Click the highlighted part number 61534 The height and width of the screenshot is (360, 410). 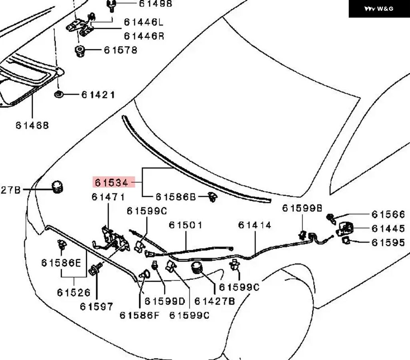pos(112,182)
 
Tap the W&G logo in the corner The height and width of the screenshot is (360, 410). pos(379,9)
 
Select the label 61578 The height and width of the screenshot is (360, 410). pos(121,50)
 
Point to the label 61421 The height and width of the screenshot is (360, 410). pos(98,95)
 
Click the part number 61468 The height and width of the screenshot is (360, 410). pos(32,125)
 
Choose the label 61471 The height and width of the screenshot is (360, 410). pos(108,197)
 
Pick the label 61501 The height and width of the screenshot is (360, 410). pos(185,225)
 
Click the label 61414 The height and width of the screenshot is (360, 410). pos(255,225)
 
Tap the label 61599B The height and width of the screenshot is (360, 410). pos(302,208)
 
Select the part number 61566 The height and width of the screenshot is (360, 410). pos(388,214)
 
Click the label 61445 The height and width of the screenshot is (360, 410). pos(388,229)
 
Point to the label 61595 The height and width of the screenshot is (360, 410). pos(388,243)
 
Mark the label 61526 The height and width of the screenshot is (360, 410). pos(74,293)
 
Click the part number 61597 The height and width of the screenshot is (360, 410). pos(96,306)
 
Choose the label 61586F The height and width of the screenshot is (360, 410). pos(139,315)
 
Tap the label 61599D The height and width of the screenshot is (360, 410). pos(165,301)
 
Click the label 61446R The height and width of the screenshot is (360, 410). pos(144,36)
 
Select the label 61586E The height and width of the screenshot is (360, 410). pos(61,263)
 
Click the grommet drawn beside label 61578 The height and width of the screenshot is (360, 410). pos(80,51)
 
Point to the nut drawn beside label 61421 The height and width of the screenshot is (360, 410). pos(58,94)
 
